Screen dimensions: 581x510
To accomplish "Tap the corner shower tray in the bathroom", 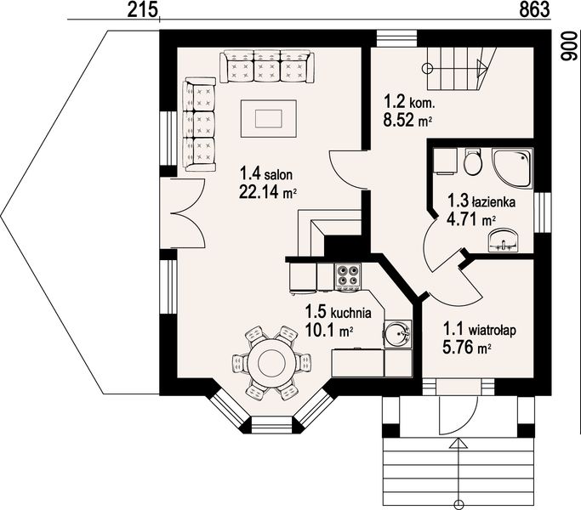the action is point(512,167).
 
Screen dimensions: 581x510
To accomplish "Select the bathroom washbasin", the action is point(504,241).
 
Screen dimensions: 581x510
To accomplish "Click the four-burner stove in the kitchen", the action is point(348,276).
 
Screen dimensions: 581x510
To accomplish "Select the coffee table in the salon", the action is point(268,118).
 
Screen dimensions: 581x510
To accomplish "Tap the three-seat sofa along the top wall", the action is point(267,67).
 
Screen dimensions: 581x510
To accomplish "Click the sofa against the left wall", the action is point(199,124).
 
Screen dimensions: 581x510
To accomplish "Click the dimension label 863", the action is point(534,9).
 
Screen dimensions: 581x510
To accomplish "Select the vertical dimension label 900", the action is point(569,46).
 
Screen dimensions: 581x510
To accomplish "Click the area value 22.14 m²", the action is point(267,192).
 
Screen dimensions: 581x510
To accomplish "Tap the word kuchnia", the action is point(351,314).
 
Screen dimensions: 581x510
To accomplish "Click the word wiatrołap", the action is point(493,330).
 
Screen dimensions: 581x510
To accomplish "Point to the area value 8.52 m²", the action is point(408,121).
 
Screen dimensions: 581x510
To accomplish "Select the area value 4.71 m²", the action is point(471,220).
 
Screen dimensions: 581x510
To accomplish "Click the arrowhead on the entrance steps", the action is point(459,444).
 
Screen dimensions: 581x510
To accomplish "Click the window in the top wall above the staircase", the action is point(396,38).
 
